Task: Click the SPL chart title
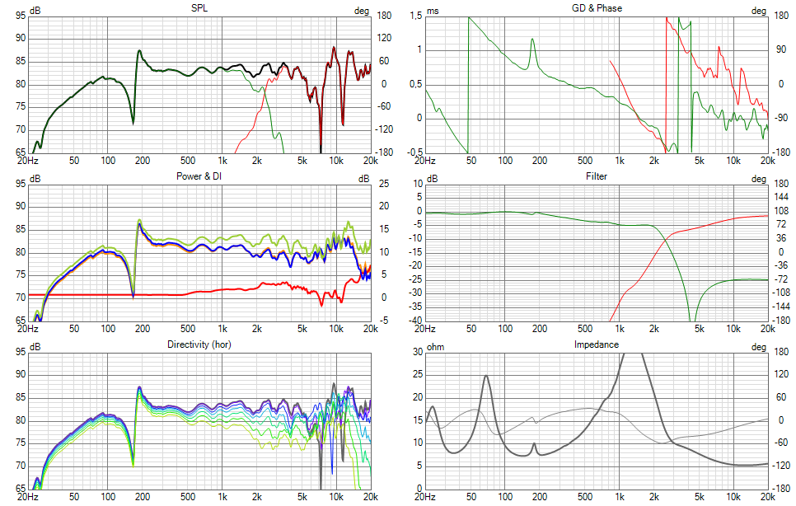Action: [x=199, y=7]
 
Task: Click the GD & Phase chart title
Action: [x=597, y=7]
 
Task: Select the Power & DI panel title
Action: [x=199, y=176]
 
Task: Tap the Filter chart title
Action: [x=597, y=176]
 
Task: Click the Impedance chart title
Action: [x=597, y=344]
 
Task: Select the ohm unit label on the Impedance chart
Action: [x=435, y=346]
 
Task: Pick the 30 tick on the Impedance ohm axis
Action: [x=417, y=351]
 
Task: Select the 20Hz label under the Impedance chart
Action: [x=426, y=497]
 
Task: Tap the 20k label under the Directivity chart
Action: [x=371, y=497]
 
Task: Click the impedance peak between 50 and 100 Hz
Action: [x=486, y=376]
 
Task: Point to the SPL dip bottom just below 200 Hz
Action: [x=133, y=124]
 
